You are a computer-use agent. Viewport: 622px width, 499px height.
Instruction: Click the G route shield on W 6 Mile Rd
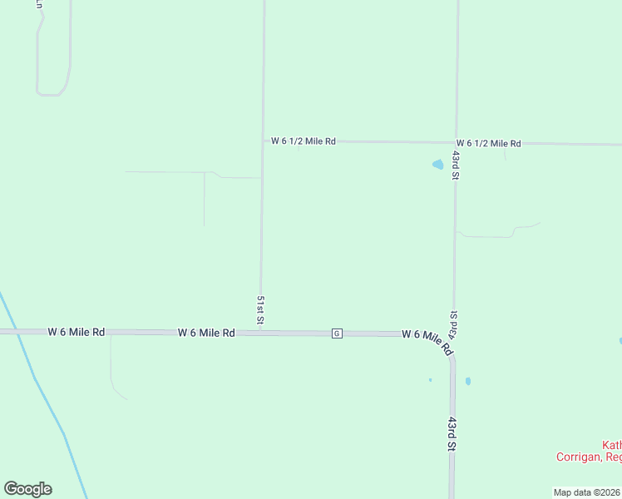pos(337,333)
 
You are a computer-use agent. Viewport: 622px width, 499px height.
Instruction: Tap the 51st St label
pos(260,309)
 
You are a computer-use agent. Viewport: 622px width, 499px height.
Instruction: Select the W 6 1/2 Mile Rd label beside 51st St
pos(304,141)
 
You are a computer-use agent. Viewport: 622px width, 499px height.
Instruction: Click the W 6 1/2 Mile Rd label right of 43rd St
pos(488,144)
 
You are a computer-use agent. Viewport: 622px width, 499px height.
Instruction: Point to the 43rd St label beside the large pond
pos(456,165)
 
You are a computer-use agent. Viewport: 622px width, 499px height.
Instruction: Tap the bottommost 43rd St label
pos(452,434)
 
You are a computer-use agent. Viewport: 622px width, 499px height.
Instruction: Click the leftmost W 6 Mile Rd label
pos(77,332)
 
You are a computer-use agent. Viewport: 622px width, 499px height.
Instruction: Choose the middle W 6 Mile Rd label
pos(206,333)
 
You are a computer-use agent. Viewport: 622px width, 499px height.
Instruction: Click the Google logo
pos(27,489)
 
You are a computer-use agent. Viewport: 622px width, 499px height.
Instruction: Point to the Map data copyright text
pos(587,492)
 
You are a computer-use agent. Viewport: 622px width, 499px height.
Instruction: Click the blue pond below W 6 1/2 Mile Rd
pos(437,165)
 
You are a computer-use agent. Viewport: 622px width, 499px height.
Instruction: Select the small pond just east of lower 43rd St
pos(468,382)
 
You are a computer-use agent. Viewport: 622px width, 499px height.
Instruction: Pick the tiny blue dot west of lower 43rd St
pos(430,380)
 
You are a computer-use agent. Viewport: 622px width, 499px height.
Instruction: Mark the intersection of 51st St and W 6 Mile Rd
pos(261,332)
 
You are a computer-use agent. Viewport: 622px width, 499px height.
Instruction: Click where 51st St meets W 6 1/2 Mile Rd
pos(264,141)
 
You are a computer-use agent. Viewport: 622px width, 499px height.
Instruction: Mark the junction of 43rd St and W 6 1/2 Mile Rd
pos(457,143)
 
